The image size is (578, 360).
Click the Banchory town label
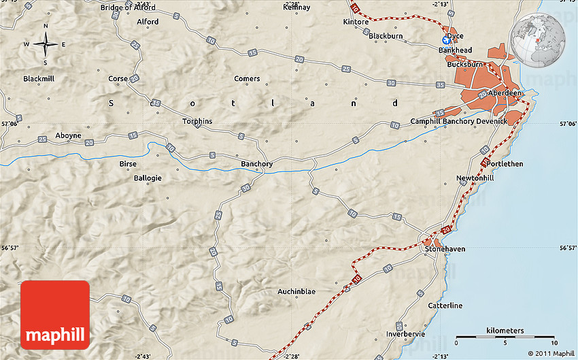coord(257,164)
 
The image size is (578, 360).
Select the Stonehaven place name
coord(445,249)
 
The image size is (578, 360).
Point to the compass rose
coord(46,45)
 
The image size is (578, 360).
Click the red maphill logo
coord(55,315)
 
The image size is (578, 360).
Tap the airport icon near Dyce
coord(447,42)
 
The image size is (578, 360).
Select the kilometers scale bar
coord(505,336)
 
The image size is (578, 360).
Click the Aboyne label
coord(68,135)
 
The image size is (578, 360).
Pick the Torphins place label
coord(197,121)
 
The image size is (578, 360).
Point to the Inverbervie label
coord(405,334)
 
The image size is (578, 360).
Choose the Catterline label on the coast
coord(445,306)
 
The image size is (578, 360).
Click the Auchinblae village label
coord(296,291)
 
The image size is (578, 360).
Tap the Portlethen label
coord(505,164)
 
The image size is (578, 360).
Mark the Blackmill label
coord(38,78)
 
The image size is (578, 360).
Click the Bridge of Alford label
coord(128,7)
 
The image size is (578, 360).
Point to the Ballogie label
coord(147,178)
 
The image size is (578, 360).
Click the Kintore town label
coord(356,22)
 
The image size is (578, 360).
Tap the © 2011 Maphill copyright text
coord(551,353)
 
